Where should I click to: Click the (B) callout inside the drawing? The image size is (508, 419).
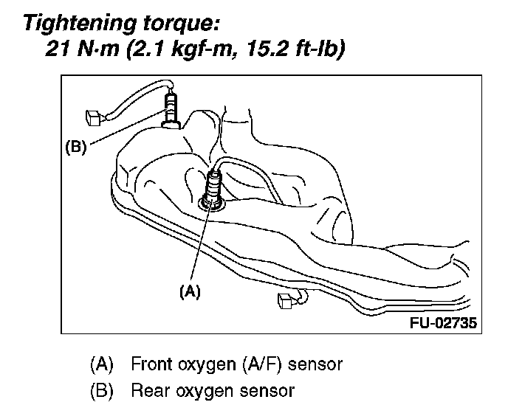click(76, 147)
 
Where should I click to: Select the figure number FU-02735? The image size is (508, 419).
click(441, 323)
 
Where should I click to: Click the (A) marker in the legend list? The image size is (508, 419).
click(101, 364)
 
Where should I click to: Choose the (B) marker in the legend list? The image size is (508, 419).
click(101, 390)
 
